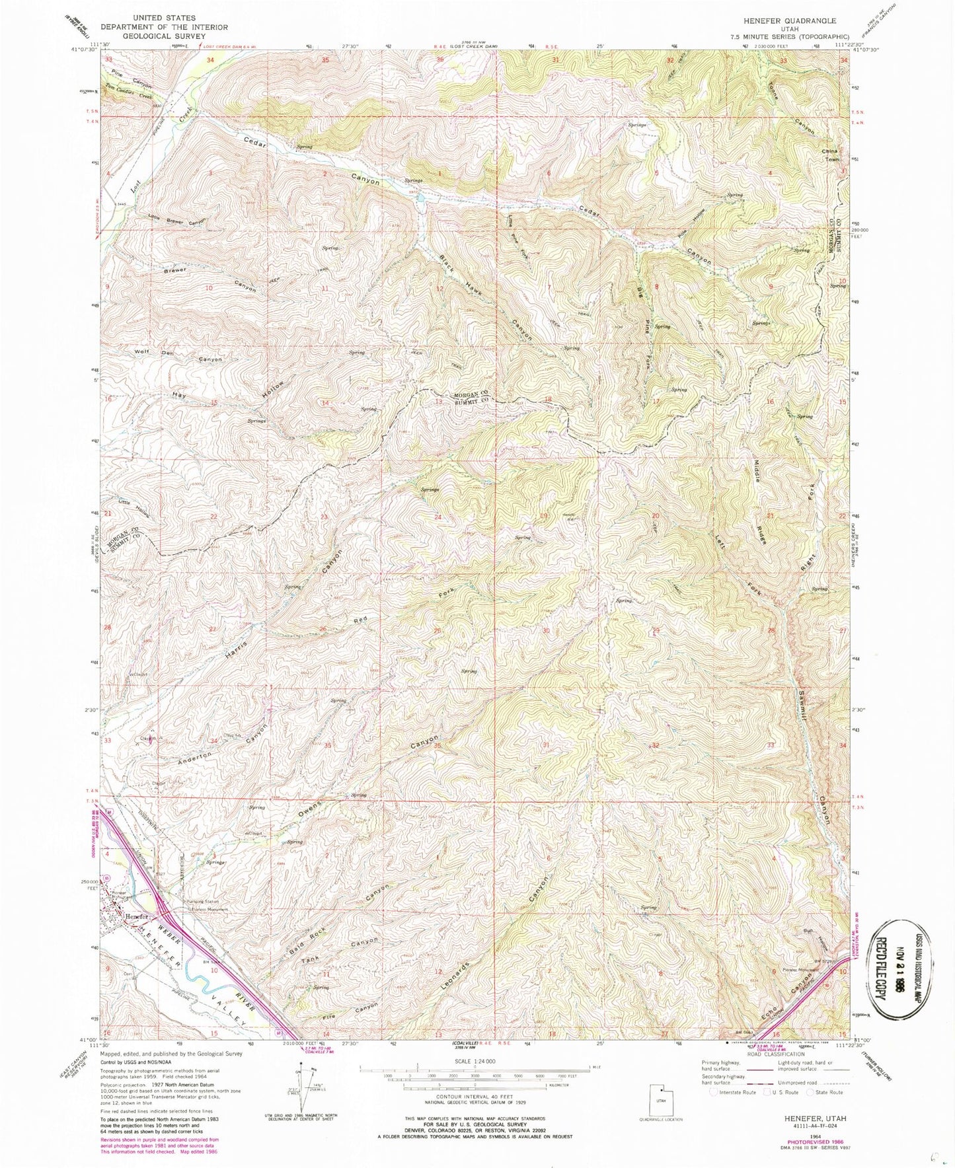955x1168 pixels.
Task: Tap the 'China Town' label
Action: click(x=829, y=155)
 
